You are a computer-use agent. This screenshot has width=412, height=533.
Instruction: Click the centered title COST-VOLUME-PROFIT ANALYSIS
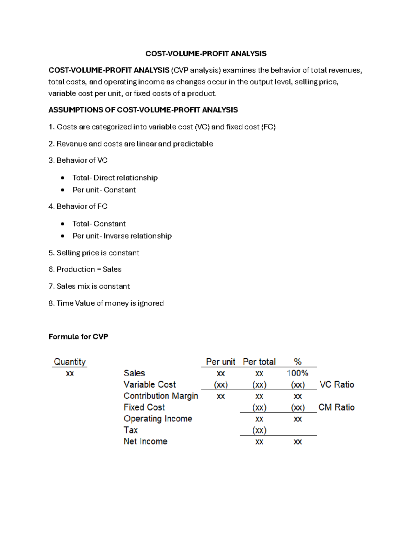(x=206, y=54)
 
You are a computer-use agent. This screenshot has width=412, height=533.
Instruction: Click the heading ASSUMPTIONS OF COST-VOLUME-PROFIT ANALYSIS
(x=143, y=110)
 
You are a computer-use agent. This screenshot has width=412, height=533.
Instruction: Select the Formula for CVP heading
(x=78, y=337)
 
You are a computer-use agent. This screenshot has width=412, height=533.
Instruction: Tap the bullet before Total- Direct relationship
(x=62, y=178)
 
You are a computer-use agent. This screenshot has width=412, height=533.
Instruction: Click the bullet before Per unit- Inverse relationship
(x=62, y=236)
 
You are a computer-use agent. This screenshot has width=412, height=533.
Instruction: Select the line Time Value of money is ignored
(x=110, y=303)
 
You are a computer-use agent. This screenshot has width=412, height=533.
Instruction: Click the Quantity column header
(x=70, y=362)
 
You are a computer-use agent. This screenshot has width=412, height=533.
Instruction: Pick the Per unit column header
(x=220, y=362)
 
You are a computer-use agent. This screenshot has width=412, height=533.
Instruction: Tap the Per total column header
(x=259, y=362)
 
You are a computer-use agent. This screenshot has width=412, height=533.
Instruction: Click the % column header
(x=298, y=362)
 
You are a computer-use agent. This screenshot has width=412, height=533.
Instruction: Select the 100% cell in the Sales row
(x=298, y=373)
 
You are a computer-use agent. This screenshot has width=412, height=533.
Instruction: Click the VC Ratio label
(x=337, y=384)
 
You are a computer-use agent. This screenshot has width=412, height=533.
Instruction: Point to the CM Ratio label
(x=336, y=407)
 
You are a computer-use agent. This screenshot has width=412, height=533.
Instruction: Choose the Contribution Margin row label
(x=161, y=396)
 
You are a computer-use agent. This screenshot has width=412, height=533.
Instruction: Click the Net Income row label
(x=146, y=441)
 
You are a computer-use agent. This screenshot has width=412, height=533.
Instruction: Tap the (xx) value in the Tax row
(x=259, y=430)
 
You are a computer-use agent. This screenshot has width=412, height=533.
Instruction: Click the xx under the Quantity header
(x=70, y=373)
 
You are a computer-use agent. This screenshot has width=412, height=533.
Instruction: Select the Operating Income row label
(x=158, y=419)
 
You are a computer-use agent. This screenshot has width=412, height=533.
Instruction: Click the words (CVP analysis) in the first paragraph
(x=196, y=70)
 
